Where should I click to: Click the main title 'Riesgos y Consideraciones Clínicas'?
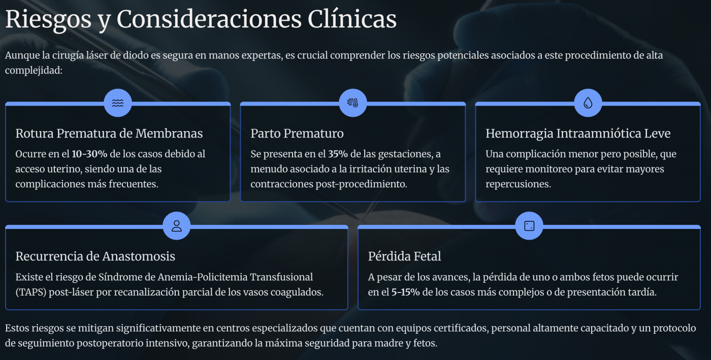(x=201, y=20)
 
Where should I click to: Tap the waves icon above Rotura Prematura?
(x=118, y=103)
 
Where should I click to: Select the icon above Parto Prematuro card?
(x=352, y=103)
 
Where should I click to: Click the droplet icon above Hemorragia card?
(x=588, y=103)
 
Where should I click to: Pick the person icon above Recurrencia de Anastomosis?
(x=176, y=226)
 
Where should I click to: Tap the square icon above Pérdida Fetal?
(x=529, y=226)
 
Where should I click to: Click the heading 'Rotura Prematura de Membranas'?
(x=109, y=134)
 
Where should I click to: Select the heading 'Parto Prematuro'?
(x=297, y=134)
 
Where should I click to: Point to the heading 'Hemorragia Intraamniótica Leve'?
(x=578, y=134)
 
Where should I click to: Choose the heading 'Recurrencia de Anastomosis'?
(x=95, y=256)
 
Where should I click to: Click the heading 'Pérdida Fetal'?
(x=404, y=256)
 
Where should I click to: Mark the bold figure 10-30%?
(x=89, y=154)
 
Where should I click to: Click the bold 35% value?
(x=338, y=154)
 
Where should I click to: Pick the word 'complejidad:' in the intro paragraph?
(x=34, y=70)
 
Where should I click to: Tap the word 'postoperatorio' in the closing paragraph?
(x=109, y=344)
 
